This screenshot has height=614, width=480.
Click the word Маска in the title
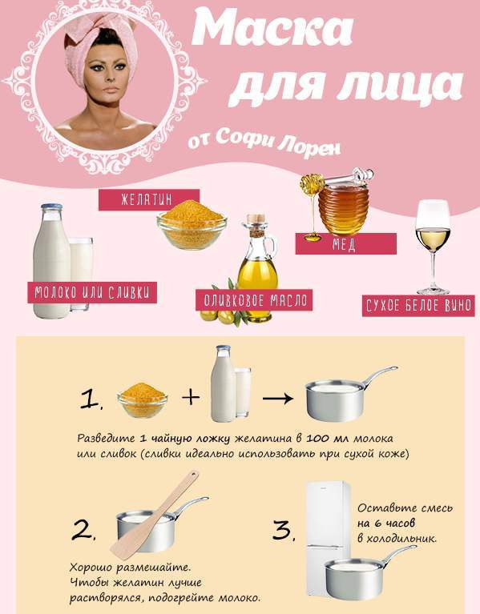[272, 29]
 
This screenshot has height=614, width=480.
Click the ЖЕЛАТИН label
[148, 199]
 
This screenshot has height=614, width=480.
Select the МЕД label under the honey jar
[345, 244]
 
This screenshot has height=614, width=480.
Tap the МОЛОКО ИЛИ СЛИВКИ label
[92, 292]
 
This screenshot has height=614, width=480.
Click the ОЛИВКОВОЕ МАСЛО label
[254, 300]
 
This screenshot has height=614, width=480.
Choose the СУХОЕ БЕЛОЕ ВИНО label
[418, 306]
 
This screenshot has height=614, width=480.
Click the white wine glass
[433, 247]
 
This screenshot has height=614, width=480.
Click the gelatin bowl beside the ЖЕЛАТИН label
[192, 225]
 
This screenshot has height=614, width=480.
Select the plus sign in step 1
[191, 397]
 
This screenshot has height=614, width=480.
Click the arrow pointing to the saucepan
[278, 399]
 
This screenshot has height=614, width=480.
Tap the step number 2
[83, 531]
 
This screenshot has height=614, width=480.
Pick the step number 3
[284, 532]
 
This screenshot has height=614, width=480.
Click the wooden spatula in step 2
[155, 515]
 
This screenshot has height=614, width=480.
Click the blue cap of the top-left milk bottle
[51, 207]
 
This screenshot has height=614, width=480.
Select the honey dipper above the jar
[337, 180]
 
